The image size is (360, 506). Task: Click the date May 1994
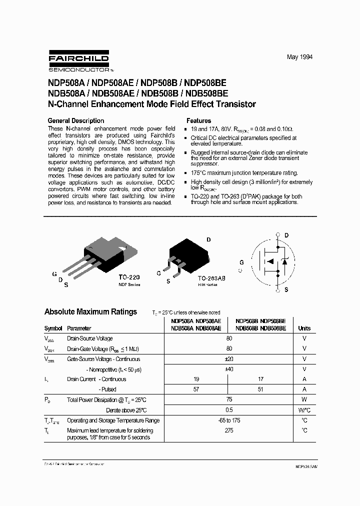point(299,57)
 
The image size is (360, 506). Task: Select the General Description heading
point(75,120)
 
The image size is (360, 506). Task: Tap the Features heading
point(198,120)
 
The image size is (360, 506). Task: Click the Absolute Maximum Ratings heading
point(90,311)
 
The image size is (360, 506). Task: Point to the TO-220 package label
point(129,276)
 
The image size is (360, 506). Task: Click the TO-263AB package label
point(211,277)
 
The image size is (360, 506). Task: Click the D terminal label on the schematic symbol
point(286,235)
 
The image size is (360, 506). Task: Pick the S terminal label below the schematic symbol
point(286,289)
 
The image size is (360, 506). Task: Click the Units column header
point(304,328)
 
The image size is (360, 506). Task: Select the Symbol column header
point(53,328)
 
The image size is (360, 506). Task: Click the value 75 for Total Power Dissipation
point(229,400)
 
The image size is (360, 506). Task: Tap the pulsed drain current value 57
point(196,389)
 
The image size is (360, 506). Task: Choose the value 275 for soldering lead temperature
point(229,430)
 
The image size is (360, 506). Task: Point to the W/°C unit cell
point(304,410)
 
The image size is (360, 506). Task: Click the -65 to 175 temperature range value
point(229,420)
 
